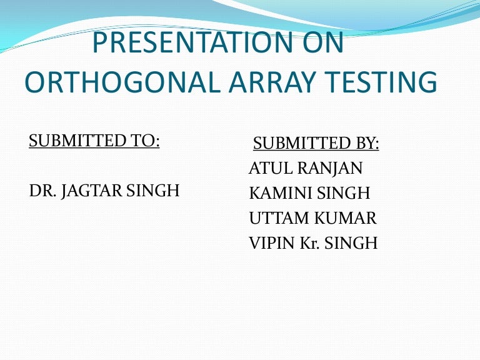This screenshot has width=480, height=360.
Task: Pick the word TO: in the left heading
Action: [x=145, y=141]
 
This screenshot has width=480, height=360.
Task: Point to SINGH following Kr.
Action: [x=353, y=243]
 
